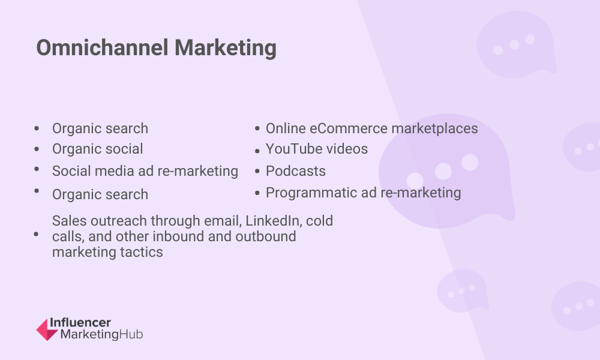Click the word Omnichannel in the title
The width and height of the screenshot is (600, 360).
coord(102,48)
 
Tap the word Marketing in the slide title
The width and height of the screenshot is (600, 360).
coord(226,49)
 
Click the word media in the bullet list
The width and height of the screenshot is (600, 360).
coord(115,171)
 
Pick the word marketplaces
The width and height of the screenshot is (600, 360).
coord(434,129)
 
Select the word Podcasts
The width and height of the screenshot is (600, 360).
coord(296,171)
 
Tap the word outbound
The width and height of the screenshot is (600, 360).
coord(266,236)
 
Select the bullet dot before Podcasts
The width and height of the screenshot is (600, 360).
coord(257,172)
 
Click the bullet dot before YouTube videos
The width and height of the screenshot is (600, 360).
coord(257,151)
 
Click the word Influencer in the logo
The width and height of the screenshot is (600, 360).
coord(80,323)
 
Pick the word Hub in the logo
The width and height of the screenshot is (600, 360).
coord(131,334)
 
